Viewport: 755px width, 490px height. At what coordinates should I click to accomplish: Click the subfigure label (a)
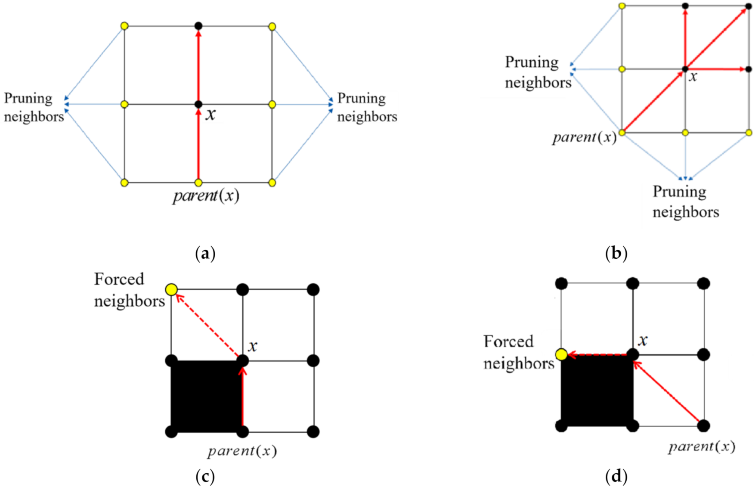click(205, 253)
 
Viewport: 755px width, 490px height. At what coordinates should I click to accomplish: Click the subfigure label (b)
click(616, 253)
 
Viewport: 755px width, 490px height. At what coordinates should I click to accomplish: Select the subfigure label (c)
click(205, 477)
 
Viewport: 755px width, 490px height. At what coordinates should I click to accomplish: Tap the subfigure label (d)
click(616, 477)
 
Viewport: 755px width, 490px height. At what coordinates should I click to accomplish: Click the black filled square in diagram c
click(207, 396)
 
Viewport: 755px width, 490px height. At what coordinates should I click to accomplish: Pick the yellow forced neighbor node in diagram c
click(171, 289)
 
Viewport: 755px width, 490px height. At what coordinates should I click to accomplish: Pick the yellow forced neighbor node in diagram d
click(561, 355)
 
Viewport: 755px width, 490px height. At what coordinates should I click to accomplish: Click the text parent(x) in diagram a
click(206, 196)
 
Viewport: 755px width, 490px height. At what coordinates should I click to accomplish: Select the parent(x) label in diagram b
click(584, 137)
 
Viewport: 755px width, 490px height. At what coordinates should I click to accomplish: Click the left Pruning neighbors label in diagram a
click(34, 107)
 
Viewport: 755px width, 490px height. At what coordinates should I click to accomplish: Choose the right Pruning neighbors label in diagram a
click(367, 107)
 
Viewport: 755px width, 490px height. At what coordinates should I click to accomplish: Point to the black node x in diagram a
click(198, 104)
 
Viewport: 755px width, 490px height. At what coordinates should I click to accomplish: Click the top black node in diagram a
click(198, 26)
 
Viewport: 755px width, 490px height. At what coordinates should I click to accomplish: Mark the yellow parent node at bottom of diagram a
click(198, 183)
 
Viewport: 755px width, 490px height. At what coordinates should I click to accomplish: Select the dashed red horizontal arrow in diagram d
click(598, 355)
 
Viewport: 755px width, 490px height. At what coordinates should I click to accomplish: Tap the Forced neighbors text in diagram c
click(129, 290)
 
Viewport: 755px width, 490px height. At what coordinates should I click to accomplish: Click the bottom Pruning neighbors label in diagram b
click(685, 202)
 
